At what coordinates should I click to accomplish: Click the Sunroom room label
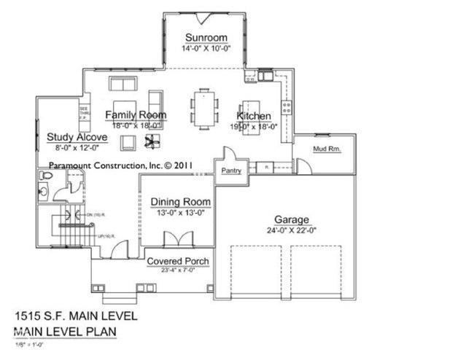pyautogui.click(x=206, y=38)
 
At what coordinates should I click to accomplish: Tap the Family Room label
pyautogui.click(x=136, y=115)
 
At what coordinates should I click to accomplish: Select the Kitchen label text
pyautogui.click(x=254, y=117)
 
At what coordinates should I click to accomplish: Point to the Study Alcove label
pyautogui.click(x=77, y=136)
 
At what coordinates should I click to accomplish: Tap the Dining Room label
pyautogui.click(x=181, y=202)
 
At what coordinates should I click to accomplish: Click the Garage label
pyautogui.click(x=292, y=219)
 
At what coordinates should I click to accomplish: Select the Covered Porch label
pyautogui.click(x=178, y=262)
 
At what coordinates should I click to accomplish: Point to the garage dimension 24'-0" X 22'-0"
pyautogui.click(x=292, y=231)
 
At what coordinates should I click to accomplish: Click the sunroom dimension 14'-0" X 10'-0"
pyautogui.click(x=206, y=49)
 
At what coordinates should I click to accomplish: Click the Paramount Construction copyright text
pyautogui.click(x=120, y=165)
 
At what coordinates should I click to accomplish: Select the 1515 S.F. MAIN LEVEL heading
pyautogui.click(x=75, y=317)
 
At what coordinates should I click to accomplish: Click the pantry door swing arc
pyautogui.click(x=228, y=154)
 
